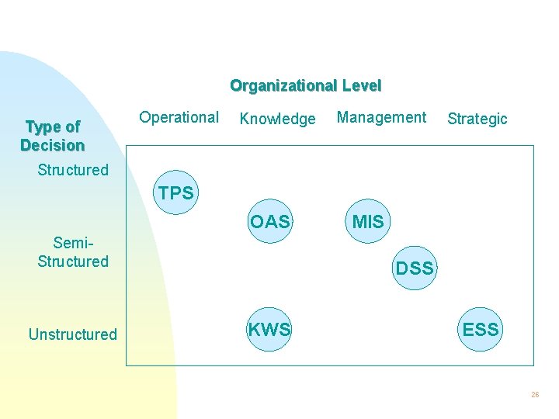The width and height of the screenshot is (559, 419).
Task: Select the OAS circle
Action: (269, 222)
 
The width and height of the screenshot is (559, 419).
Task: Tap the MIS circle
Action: (368, 222)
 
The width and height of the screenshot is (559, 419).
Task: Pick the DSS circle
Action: (414, 268)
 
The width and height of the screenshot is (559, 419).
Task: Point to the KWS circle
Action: (269, 330)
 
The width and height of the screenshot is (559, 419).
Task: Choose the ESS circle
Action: (481, 330)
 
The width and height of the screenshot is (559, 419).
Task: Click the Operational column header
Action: (179, 117)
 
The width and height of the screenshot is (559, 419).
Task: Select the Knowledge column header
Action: (277, 119)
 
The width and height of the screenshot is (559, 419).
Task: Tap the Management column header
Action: (381, 117)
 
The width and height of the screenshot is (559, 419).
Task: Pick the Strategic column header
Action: (477, 119)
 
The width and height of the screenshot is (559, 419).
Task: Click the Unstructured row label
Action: (72, 334)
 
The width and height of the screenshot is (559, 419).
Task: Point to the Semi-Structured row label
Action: (72, 252)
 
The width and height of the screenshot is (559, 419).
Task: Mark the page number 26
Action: (535, 395)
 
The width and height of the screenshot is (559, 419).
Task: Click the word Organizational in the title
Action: (283, 85)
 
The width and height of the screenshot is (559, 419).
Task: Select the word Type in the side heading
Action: (43, 126)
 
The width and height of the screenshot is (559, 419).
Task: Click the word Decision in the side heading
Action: (52, 145)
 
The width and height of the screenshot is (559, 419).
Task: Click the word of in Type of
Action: (71, 126)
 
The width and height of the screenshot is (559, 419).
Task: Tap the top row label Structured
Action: (73, 170)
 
